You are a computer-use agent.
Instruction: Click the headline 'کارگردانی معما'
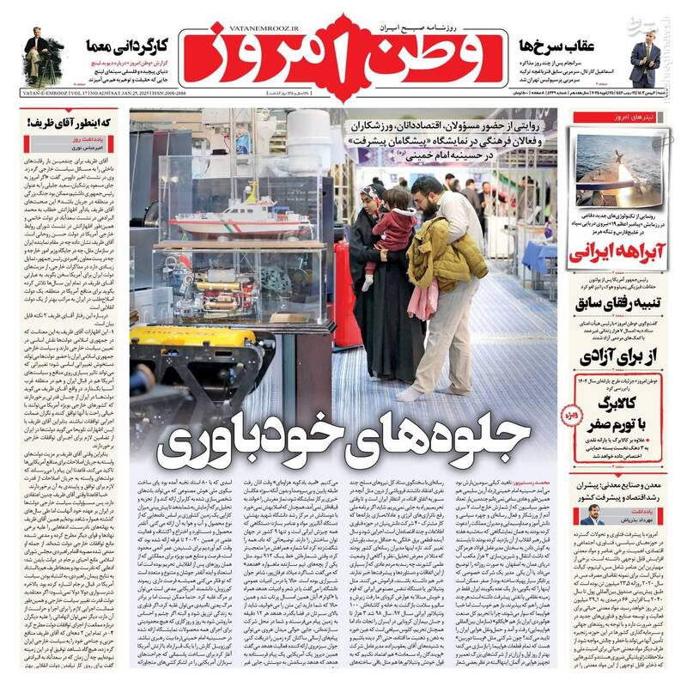tap(128, 45)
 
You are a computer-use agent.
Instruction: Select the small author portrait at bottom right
tap(592, 514)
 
